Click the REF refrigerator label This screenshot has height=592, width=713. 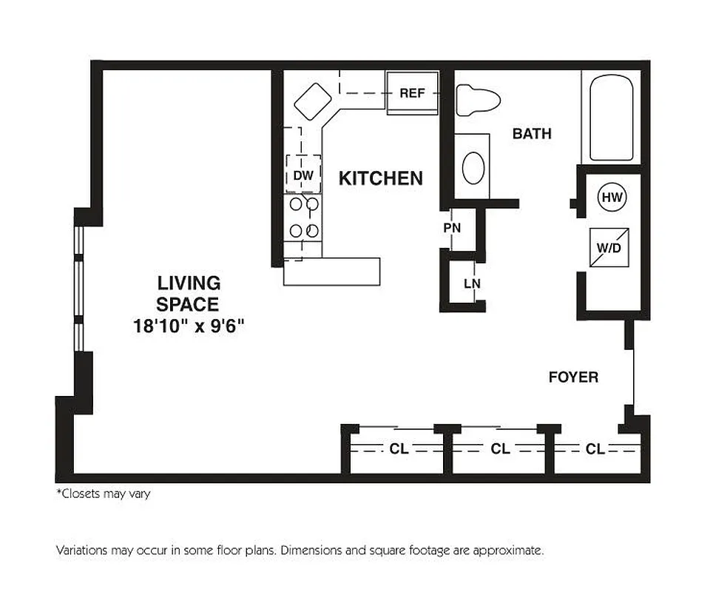[x=412, y=93]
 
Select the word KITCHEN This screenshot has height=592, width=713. [x=380, y=178]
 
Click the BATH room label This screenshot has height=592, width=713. [x=532, y=134]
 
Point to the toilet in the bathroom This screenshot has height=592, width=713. [x=476, y=101]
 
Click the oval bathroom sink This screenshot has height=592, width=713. [x=473, y=168]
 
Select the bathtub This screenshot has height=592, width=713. [x=611, y=116]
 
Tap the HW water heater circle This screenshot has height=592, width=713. [x=610, y=198]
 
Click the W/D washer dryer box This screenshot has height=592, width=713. [x=609, y=247]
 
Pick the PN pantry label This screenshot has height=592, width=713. [x=452, y=228]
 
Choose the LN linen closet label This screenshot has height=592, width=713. [x=471, y=283]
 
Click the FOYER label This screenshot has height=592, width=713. [x=573, y=377]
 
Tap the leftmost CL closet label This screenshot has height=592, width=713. [x=399, y=448]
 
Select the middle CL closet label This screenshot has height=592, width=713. [x=500, y=448]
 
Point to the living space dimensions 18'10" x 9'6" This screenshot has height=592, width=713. [x=189, y=325]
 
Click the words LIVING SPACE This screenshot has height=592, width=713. [x=189, y=294]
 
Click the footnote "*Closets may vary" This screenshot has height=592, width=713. [x=104, y=494]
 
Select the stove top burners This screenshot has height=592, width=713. [x=304, y=218]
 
